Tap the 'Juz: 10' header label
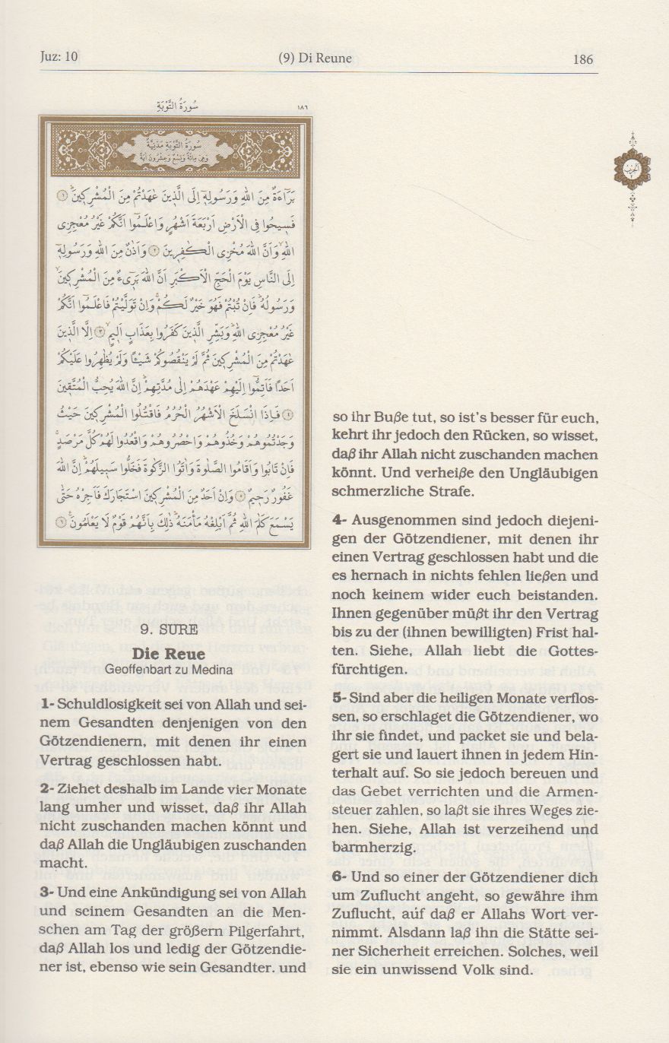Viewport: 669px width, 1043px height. point(59,57)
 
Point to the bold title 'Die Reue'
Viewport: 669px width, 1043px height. point(160,652)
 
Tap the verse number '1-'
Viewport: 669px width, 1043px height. point(47,705)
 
